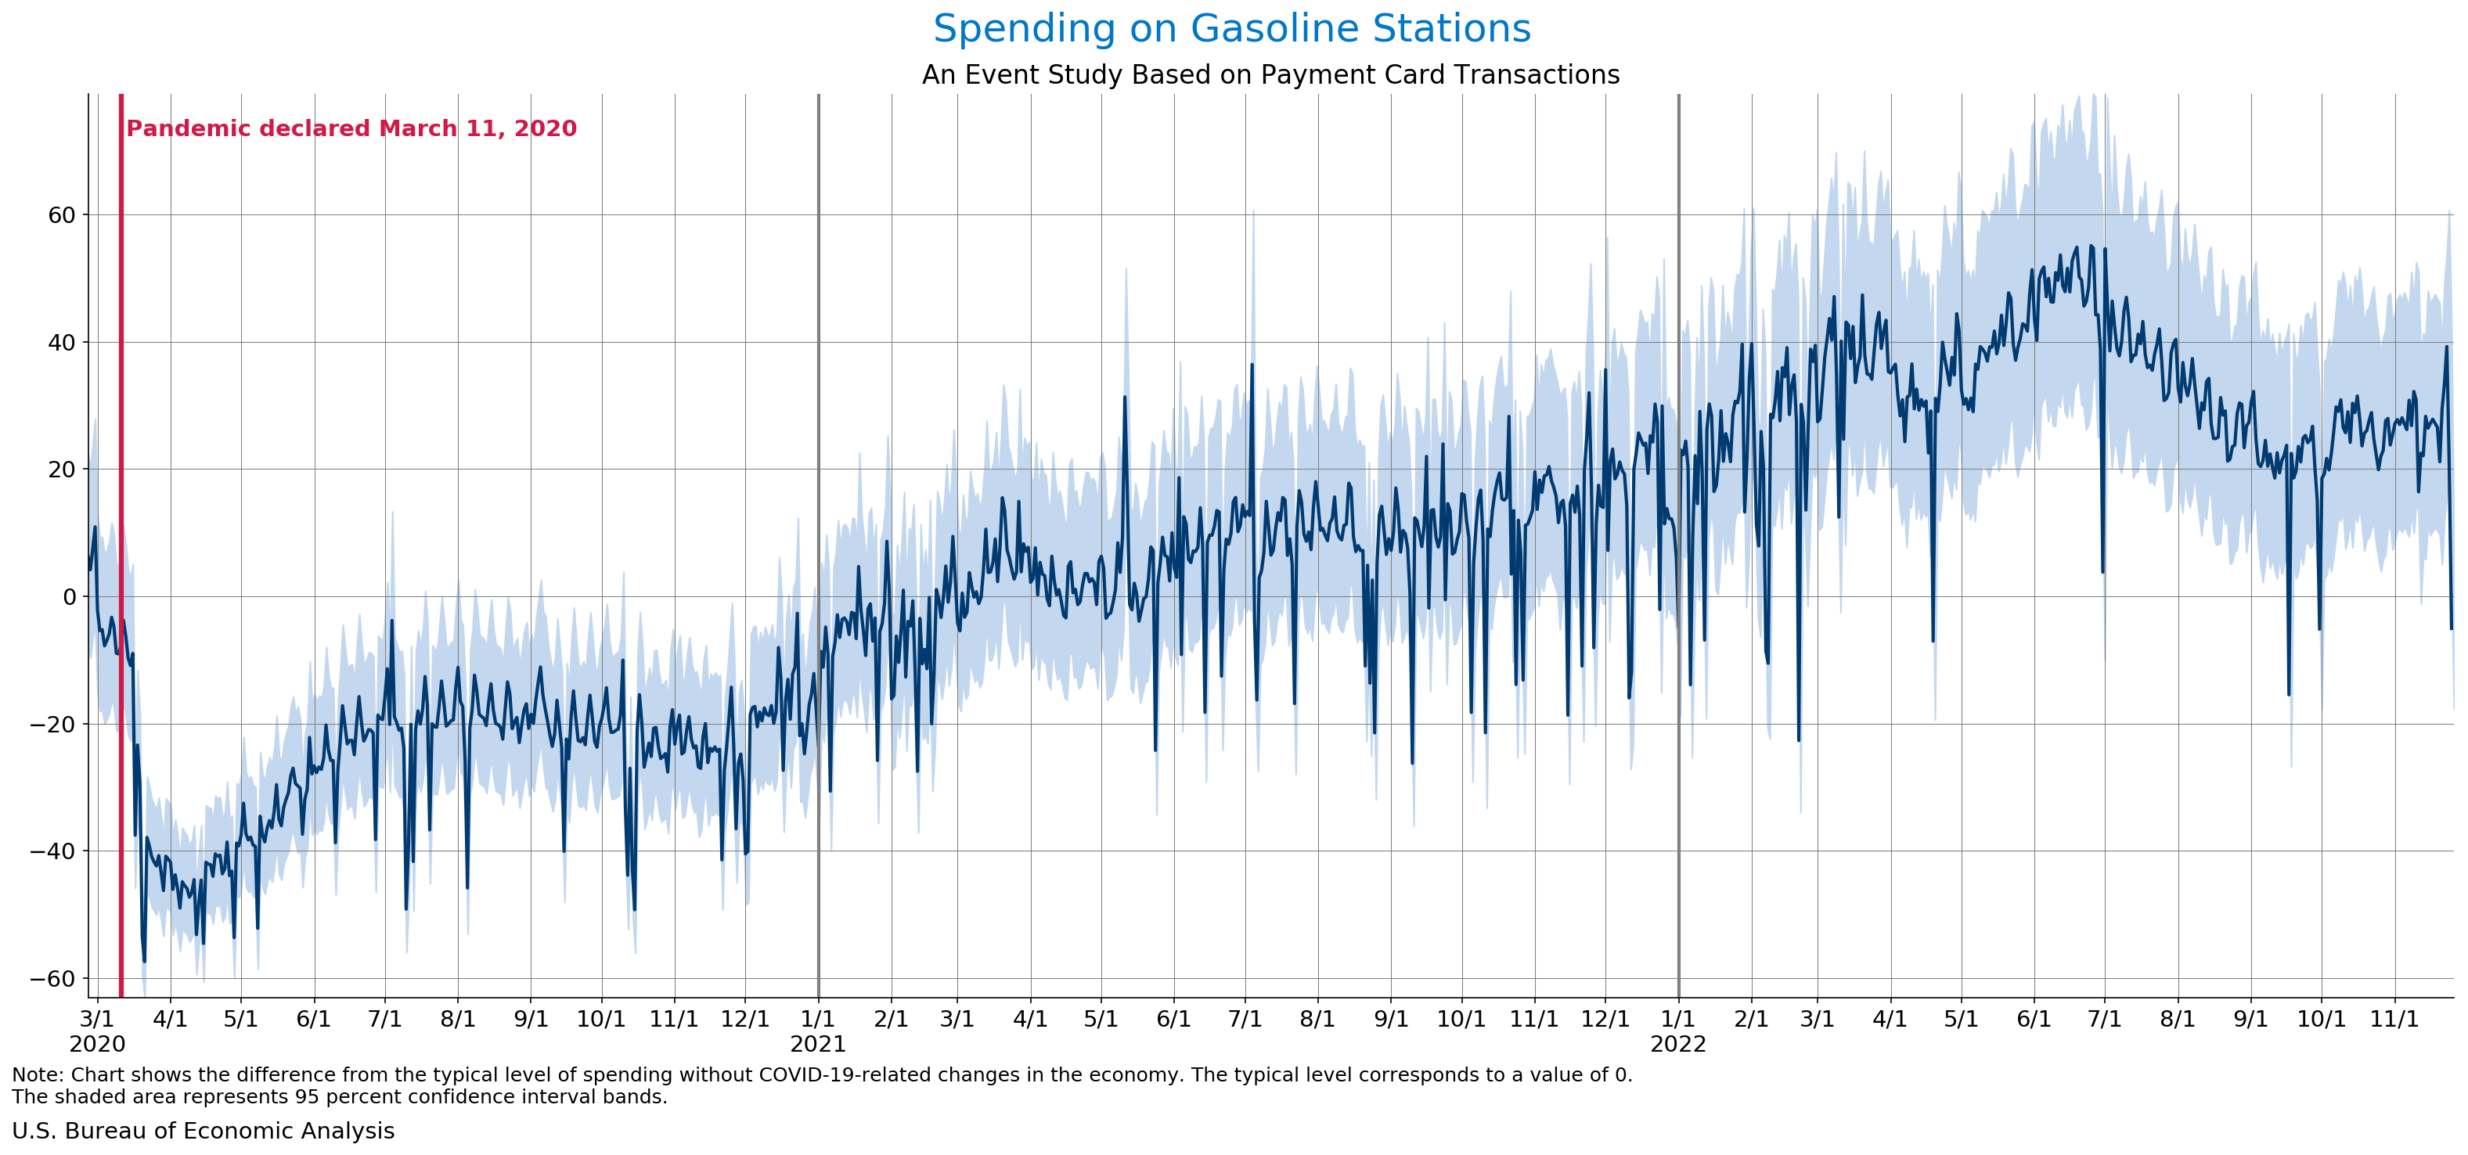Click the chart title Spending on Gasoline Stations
[x=1232, y=29]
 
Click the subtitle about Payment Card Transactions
[x=1270, y=74]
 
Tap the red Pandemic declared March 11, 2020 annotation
[x=351, y=128]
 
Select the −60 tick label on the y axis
[x=52, y=978]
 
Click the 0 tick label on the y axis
[x=69, y=596]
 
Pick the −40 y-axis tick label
[x=52, y=851]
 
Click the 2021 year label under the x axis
[x=817, y=1044]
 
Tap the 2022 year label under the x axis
[x=1677, y=1044]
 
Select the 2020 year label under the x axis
[x=97, y=1044]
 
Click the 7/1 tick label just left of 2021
[x=384, y=1019]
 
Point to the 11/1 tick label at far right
[x=2394, y=1019]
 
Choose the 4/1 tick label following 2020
[x=170, y=1019]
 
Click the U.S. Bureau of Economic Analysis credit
[x=203, y=1131]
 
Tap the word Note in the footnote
[x=35, y=1074]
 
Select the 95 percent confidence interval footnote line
[x=339, y=1096]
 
